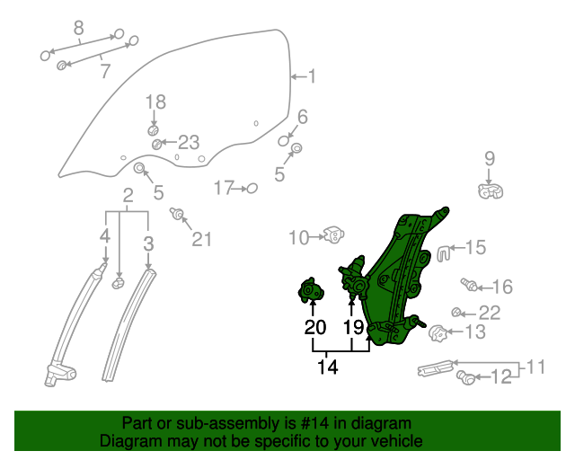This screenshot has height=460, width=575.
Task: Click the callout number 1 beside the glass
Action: pos(312,77)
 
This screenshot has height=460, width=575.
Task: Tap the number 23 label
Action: pos(188,142)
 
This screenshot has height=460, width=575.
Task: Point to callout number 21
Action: pos(202,238)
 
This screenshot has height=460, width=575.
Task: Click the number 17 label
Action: pos(223,188)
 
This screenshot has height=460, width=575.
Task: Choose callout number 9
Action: pos(490,159)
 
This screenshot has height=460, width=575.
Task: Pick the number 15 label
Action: pos(474,247)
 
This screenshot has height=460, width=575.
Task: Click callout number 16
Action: pos(501,287)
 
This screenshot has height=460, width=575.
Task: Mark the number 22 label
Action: pos(489,313)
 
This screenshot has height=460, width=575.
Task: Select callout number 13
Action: pos(474,332)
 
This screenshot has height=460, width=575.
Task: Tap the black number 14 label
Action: pos(329,367)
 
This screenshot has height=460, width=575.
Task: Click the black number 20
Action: pos(314,327)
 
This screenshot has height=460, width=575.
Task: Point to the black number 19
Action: pos(353,327)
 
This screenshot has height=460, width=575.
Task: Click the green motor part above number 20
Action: pos(312,291)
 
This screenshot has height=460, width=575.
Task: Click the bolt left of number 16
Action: pos(468,286)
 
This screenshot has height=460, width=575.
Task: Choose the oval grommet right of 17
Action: pos(252,188)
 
